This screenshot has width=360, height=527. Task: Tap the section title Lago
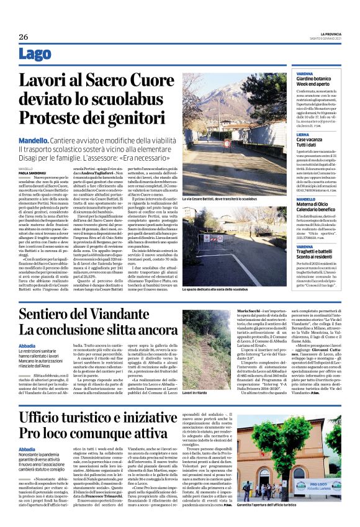[x=35, y=55]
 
